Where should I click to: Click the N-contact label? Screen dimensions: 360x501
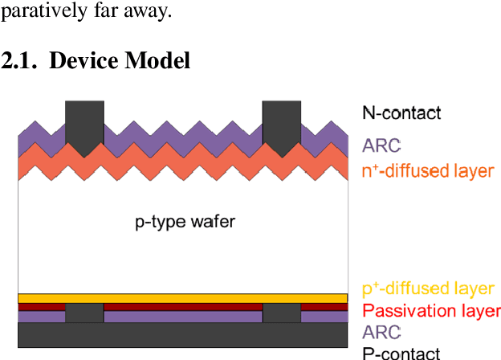(401, 112)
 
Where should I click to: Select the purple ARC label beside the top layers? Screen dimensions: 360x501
(381, 145)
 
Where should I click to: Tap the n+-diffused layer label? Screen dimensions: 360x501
(428, 170)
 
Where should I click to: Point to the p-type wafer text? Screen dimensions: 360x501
(185, 221)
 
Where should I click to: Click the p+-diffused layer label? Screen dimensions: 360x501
(428, 288)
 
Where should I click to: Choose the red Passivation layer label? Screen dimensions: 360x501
(431, 310)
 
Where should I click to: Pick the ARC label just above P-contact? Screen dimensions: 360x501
(381, 332)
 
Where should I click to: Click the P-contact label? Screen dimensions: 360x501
(401, 352)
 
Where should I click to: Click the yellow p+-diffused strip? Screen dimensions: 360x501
(183, 298)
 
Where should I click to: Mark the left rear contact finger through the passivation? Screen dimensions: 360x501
(84, 313)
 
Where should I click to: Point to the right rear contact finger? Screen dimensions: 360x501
(282, 313)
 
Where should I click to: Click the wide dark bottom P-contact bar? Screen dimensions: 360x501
(183, 335)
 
